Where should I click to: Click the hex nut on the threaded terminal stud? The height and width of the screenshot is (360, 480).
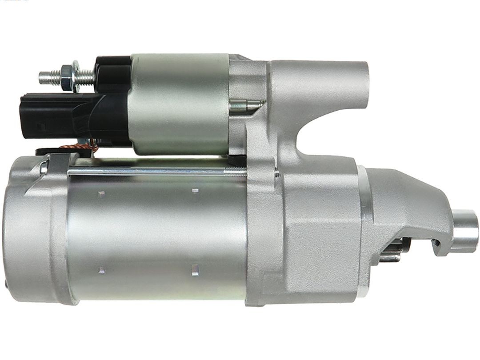[x=67, y=77]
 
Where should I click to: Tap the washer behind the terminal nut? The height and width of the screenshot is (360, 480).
[x=76, y=76]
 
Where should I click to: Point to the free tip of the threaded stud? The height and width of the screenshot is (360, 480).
[x=41, y=78]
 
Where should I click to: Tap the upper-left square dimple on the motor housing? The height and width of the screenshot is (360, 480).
[x=101, y=194]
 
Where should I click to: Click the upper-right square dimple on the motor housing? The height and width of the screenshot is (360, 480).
[x=195, y=191]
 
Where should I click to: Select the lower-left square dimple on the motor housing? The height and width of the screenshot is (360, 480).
[x=101, y=270]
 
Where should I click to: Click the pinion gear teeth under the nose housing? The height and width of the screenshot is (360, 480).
[x=391, y=252]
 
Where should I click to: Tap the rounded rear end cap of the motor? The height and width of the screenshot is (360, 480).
[x=31, y=231]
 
